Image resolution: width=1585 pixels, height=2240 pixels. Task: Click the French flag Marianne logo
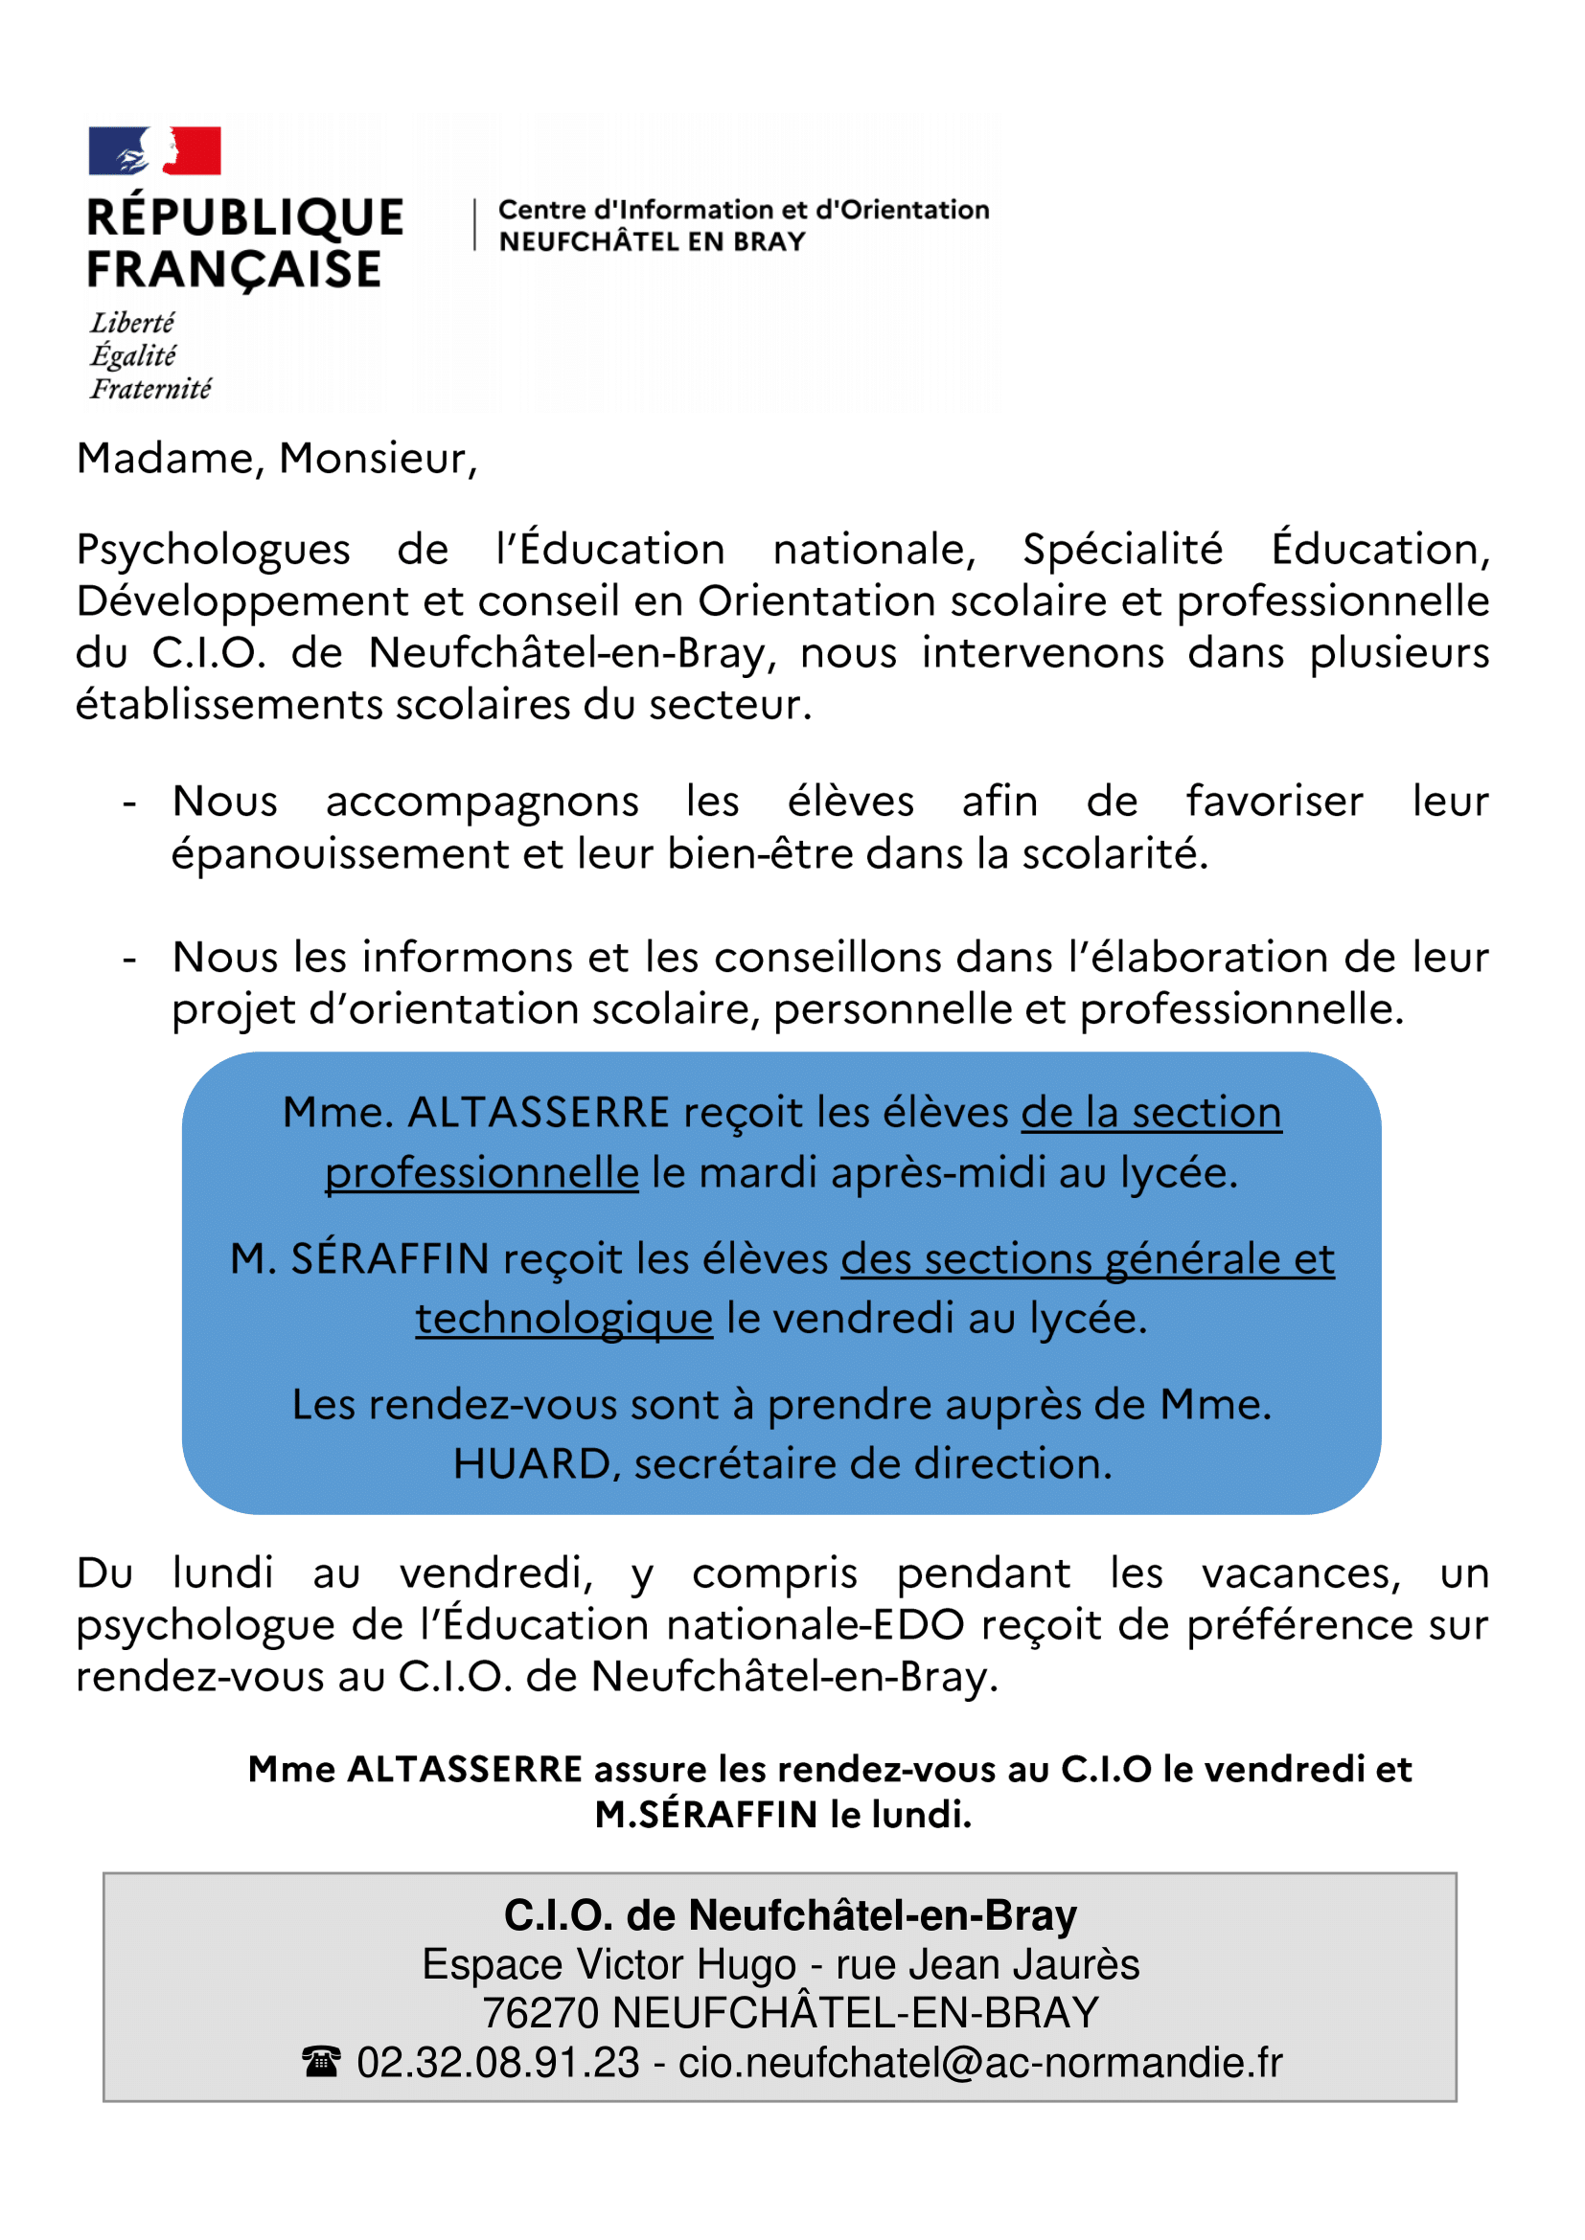tap(154, 150)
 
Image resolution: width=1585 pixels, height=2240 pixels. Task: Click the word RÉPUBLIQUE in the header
tap(245, 217)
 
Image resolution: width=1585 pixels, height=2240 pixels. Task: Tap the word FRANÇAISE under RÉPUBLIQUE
tap(234, 270)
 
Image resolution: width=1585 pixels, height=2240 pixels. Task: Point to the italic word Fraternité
tap(150, 389)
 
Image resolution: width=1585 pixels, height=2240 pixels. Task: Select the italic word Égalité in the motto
tap(133, 356)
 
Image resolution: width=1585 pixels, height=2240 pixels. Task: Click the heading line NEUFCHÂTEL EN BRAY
tap(652, 241)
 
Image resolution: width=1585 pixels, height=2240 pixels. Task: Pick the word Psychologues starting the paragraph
tap(213, 550)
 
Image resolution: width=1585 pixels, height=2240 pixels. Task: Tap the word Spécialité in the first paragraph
tap(1122, 550)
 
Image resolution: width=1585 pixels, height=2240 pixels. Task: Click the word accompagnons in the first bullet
tap(482, 802)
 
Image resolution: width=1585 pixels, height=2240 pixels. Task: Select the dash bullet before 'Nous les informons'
tap(129, 959)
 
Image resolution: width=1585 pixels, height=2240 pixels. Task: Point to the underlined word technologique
tap(564, 1319)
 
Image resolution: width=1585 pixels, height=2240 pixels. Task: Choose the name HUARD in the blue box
tap(532, 1464)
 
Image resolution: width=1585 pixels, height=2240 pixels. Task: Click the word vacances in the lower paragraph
tap(1301, 1573)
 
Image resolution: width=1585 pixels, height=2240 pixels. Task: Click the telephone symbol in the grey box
tap(321, 2064)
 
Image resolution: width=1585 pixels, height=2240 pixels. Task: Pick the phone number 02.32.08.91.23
tap(497, 2064)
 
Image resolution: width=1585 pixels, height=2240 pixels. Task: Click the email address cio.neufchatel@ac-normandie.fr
tap(980, 2064)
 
